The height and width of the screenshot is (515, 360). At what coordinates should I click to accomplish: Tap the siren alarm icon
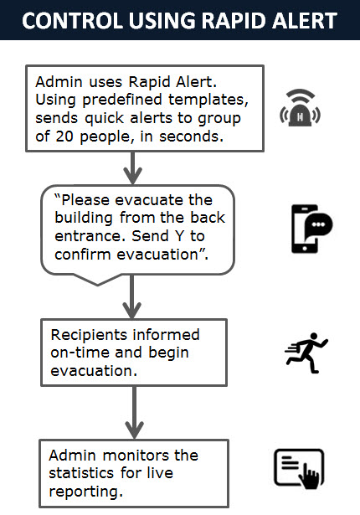(300, 108)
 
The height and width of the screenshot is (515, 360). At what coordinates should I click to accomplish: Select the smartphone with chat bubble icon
(311, 229)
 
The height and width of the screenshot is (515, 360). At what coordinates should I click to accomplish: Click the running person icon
(306, 353)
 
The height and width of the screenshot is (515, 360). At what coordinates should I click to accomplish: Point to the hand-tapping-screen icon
(299, 469)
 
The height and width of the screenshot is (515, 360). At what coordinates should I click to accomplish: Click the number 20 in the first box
(64, 136)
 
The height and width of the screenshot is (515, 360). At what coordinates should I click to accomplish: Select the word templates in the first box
(208, 100)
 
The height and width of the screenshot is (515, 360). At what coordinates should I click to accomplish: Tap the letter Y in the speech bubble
(179, 236)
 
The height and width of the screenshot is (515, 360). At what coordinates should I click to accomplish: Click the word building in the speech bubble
(84, 219)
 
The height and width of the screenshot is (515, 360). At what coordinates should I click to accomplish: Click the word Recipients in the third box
(89, 336)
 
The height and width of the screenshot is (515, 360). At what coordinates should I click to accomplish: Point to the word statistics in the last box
(81, 473)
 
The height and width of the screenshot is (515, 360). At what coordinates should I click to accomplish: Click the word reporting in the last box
(85, 492)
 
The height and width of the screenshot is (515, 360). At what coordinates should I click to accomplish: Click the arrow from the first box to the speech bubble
(133, 167)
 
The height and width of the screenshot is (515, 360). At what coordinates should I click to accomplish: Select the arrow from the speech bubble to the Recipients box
(132, 297)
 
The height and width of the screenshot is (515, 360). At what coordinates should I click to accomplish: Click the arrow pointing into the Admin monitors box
(134, 413)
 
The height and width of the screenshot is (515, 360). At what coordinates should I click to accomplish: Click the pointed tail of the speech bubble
(97, 285)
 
